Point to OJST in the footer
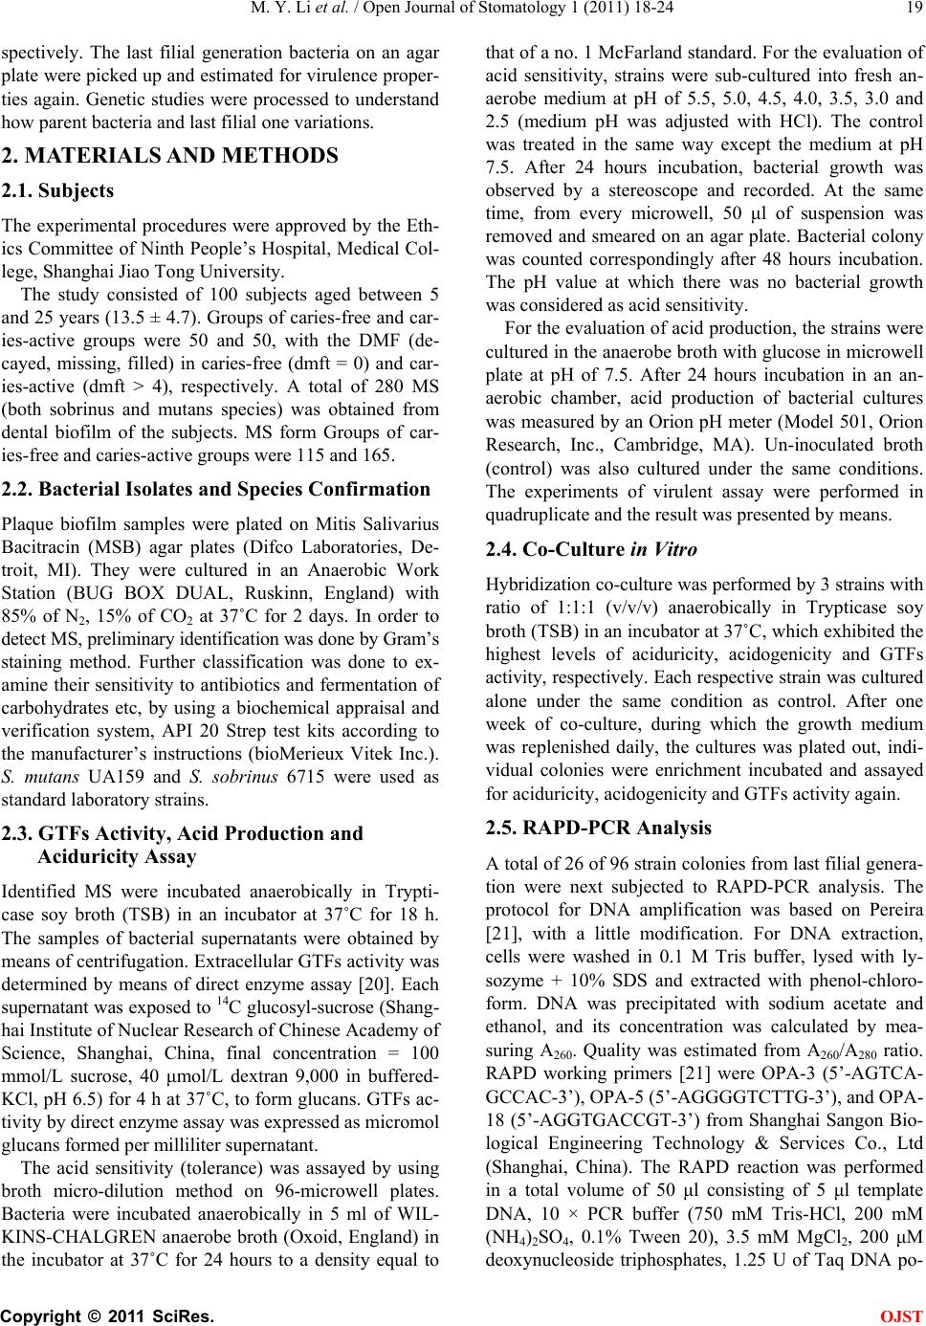(x=905, y=1313)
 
